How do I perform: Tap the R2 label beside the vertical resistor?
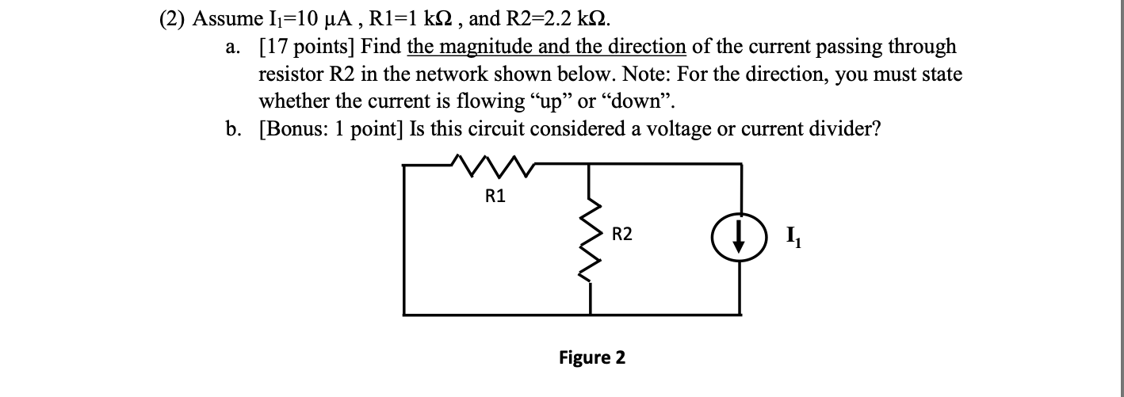pos(622,234)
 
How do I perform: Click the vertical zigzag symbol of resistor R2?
pos(589,235)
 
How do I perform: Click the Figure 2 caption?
pos(592,357)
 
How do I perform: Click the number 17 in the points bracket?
pos(276,47)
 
